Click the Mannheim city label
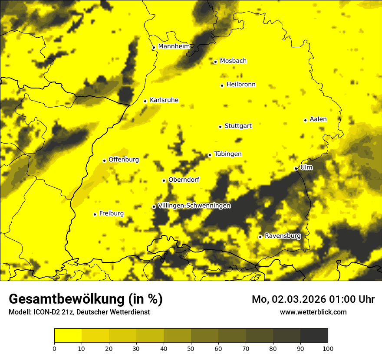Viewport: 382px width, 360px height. pyautogui.click(x=174, y=46)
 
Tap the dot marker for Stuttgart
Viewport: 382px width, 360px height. pyautogui.click(x=220, y=127)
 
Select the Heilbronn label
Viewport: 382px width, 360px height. pyautogui.click(x=241, y=85)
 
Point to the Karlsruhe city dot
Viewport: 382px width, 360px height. pyautogui.click(x=145, y=101)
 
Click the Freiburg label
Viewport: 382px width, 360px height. pyautogui.click(x=111, y=213)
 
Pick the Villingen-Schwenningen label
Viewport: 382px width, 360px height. pyautogui.click(x=194, y=206)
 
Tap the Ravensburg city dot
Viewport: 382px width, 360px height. pyautogui.click(x=260, y=237)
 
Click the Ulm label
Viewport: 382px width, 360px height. pyautogui.click(x=306, y=167)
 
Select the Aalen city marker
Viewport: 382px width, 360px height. pyautogui.click(x=305, y=120)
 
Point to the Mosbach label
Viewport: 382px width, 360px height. pyautogui.click(x=233, y=61)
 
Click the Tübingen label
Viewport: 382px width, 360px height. pyautogui.click(x=227, y=154)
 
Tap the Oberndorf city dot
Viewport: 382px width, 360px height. pyautogui.click(x=164, y=180)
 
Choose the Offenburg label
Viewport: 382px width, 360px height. pyautogui.click(x=124, y=160)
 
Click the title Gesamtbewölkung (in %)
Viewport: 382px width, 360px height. pyautogui.click(x=86, y=299)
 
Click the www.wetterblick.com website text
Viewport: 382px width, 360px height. pyautogui.click(x=313, y=312)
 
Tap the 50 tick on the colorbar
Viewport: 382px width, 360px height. pyautogui.click(x=191, y=348)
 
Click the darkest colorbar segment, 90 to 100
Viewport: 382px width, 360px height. pyautogui.click(x=314, y=335)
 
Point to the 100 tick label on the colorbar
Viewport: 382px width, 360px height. pyautogui.click(x=328, y=348)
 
